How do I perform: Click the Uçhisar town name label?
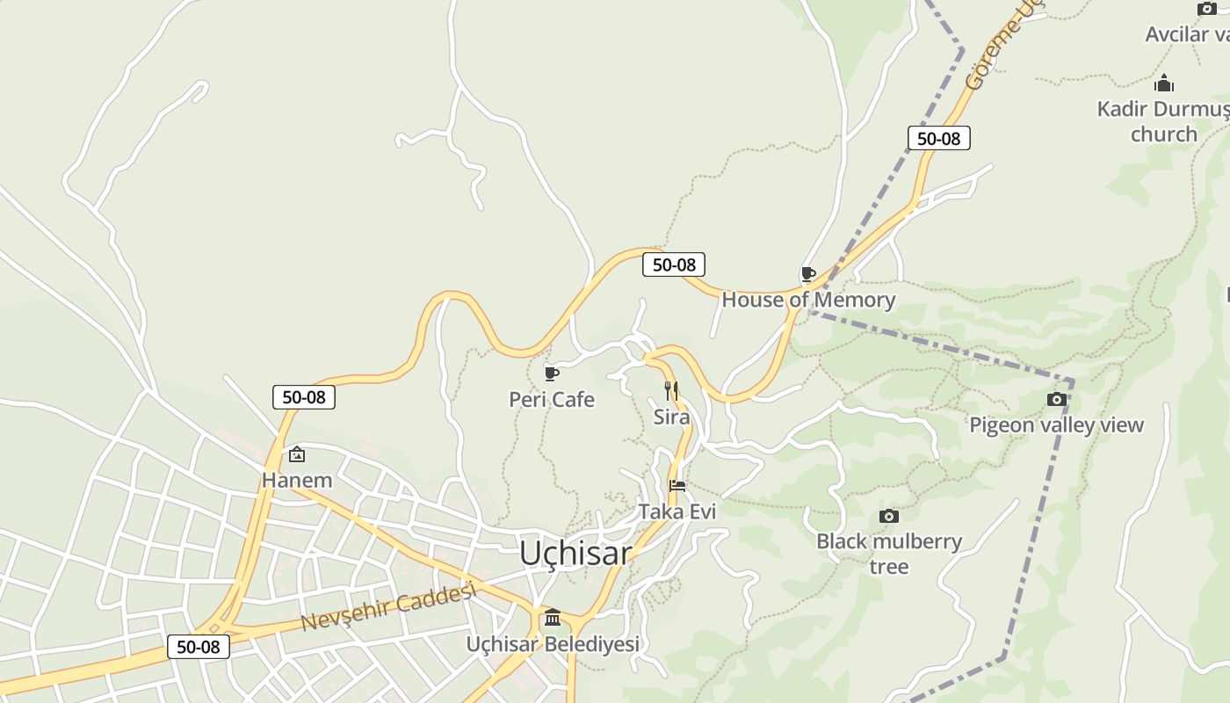(x=575, y=553)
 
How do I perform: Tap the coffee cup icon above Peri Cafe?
(x=551, y=374)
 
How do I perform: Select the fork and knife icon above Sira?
(x=670, y=390)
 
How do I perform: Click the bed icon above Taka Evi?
(x=677, y=485)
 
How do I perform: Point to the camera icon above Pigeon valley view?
(x=1056, y=400)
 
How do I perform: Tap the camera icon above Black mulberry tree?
(x=889, y=516)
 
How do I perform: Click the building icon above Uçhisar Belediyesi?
(x=553, y=618)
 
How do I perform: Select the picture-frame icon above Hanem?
(x=297, y=454)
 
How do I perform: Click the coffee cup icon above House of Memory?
(x=808, y=274)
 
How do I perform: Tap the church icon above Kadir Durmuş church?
(x=1164, y=83)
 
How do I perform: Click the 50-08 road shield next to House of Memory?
(x=674, y=265)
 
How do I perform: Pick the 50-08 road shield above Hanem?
(x=304, y=397)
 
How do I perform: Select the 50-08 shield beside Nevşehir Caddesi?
(x=199, y=648)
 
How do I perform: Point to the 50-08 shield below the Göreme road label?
(x=938, y=138)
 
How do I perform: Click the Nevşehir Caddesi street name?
(x=388, y=607)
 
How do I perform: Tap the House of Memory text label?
(x=808, y=300)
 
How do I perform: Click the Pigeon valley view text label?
(x=1056, y=425)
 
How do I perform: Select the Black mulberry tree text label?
(x=889, y=553)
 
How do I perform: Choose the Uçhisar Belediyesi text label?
(x=553, y=644)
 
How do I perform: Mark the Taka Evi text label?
(x=677, y=511)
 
